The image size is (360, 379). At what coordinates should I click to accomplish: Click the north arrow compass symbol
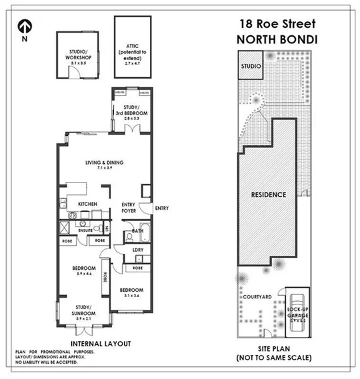pyautogui.click(x=25, y=26)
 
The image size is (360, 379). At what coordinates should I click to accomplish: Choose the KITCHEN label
pyautogui.click(x=89, y=204)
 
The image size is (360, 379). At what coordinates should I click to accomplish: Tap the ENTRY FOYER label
pyautogui.click(x=129, y=208)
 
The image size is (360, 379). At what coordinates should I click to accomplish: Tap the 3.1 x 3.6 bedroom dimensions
pyautogui.click(x=131, y=296)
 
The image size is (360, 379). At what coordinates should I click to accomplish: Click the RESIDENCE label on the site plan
pyautogui.click(x=269, y=195)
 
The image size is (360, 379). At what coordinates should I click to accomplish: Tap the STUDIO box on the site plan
pyautogui.click(x=251, y=67)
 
